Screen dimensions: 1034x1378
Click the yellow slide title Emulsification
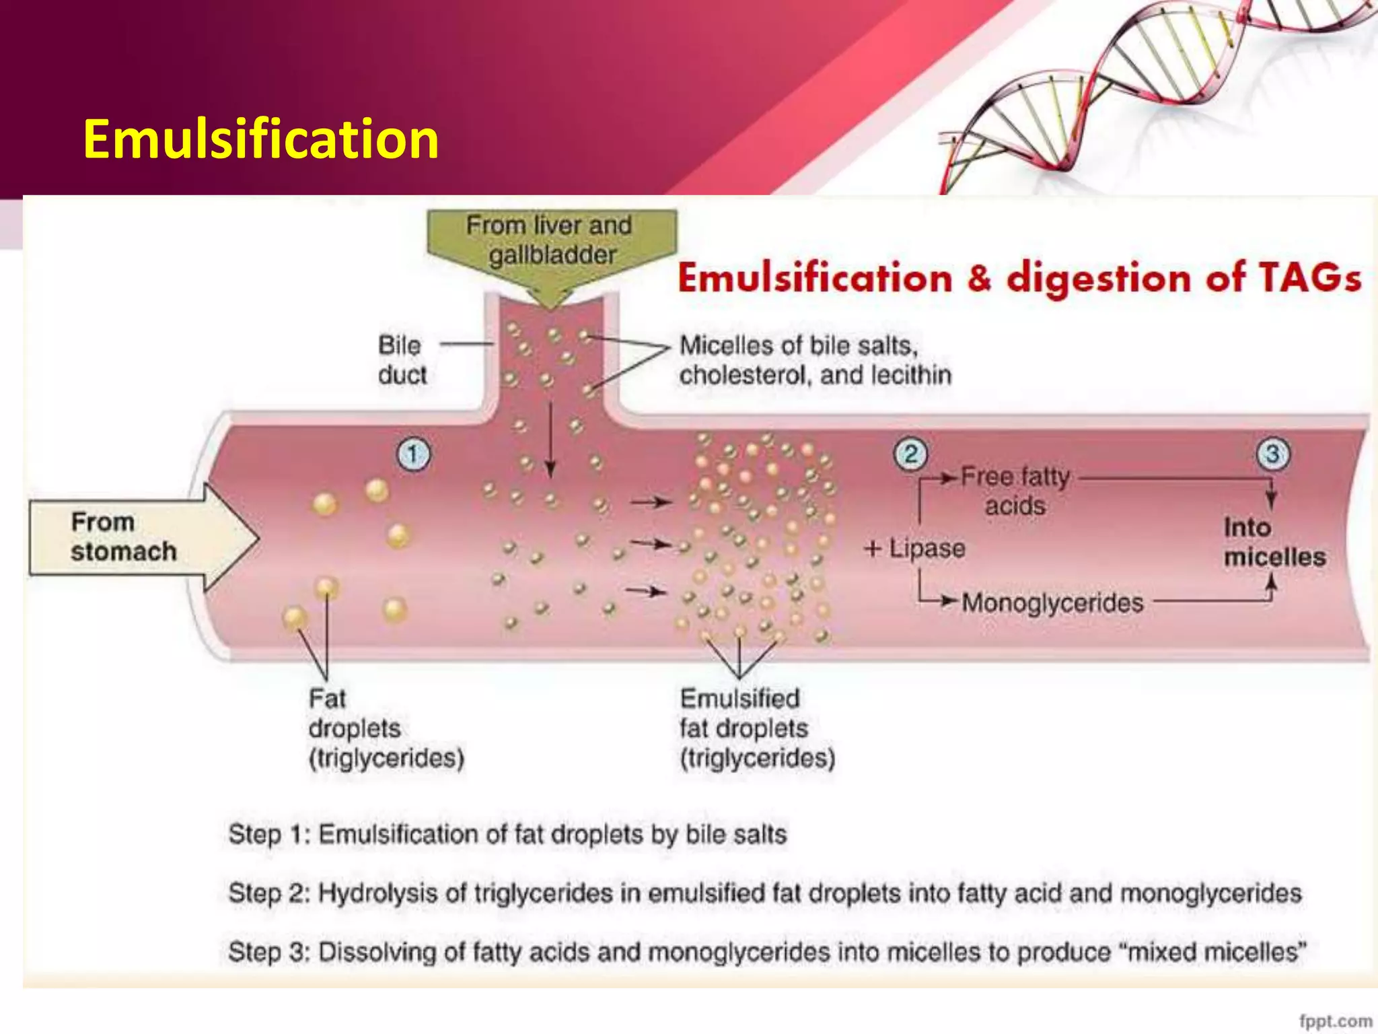[261, 139]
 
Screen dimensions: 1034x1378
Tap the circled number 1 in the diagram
[412, 454]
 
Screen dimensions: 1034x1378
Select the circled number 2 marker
[910, 454]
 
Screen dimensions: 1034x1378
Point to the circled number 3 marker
[1272, 454]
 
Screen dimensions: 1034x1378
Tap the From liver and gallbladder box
[550, 240]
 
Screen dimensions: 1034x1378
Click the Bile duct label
[402, 360]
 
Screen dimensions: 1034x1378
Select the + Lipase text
[915, 549]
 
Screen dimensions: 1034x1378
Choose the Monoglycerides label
[1052, 602]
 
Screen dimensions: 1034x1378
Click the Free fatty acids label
[1015, 491]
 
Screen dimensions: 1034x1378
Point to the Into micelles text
[1274, 542]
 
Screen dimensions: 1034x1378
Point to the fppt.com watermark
[1335, 1021]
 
